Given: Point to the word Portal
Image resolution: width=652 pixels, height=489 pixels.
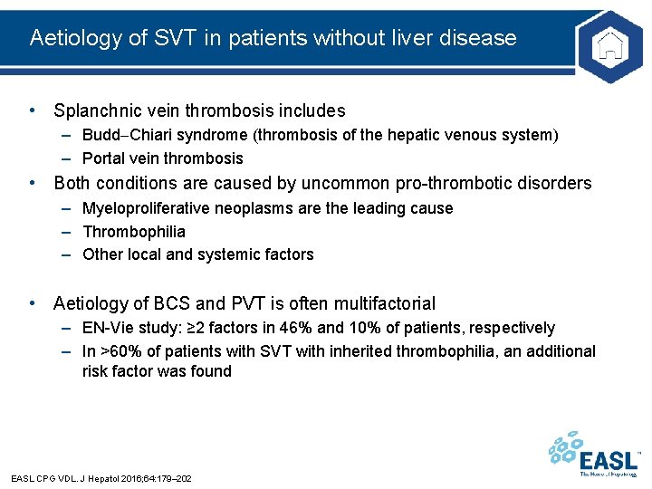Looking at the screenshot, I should (x=104, y=158).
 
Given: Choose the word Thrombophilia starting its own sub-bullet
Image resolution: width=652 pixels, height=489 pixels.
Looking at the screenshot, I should (x=134, y=232).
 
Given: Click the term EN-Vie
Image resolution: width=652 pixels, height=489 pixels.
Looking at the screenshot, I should (x=107, y=328).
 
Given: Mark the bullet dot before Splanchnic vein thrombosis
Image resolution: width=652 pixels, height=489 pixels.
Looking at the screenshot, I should (x=33, y=110).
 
